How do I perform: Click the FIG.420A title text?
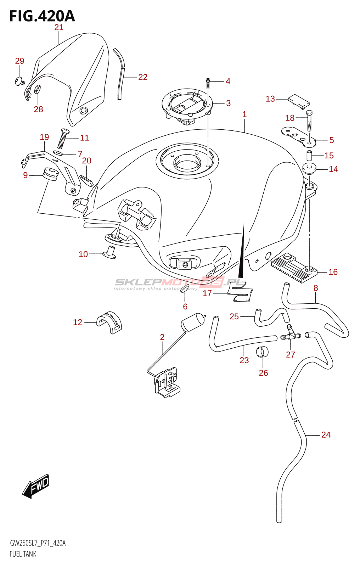42,16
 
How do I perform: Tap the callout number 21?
59,27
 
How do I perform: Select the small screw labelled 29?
19,81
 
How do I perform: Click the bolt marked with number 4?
208,83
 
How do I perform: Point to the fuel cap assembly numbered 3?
187,105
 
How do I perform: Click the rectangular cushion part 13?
298,100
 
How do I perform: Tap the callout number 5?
331,140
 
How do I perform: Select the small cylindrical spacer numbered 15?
309,155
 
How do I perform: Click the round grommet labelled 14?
309,169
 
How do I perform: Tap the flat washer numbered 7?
58,153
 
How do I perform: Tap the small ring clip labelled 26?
263,352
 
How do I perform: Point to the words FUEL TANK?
23,554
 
